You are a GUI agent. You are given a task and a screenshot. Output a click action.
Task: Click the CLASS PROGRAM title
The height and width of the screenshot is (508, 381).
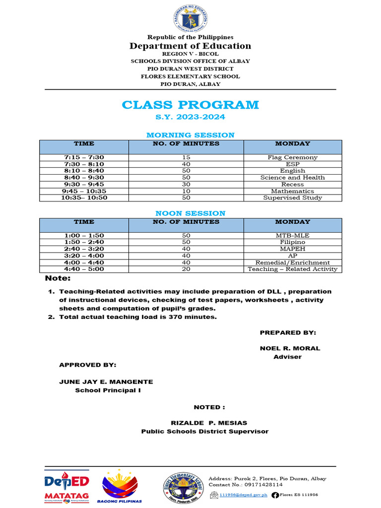pos(190,105)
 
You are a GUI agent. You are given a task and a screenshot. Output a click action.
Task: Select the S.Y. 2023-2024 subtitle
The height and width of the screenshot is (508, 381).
pos(190,117)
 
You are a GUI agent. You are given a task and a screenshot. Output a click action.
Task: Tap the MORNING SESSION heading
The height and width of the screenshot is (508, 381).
pos(190,135)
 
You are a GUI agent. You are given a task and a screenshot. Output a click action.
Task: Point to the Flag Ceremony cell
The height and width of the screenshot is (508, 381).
pos(292,157)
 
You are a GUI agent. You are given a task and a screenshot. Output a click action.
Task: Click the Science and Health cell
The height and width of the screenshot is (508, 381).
pos(292,178)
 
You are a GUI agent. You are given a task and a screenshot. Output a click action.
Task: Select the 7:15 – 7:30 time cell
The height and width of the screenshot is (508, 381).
pos(84,157)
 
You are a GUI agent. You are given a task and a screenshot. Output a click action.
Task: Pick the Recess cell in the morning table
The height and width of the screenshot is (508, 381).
pos(292,184)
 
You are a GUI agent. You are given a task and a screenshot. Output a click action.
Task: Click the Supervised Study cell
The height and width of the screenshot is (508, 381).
pos(292,198)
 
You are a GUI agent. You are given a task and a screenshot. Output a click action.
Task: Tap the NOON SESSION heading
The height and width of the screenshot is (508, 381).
pos(190,213)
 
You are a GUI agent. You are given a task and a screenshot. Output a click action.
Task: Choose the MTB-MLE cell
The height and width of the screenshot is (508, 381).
pos(292,235)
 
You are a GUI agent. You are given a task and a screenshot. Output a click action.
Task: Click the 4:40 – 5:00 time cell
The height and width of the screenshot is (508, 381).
pos(84,269)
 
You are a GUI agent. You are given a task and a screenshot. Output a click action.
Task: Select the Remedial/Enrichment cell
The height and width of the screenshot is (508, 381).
pos(292,262)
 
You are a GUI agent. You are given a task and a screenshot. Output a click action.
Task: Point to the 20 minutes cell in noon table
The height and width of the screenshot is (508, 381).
pos(186,269)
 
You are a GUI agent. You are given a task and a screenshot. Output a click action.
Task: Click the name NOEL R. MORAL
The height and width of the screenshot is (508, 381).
pos(290,348)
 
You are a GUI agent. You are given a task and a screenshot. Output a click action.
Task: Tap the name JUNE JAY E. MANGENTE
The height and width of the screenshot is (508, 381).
pos(106,381)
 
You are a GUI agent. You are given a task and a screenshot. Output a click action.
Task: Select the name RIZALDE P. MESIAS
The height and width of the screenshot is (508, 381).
pos(209,423)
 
